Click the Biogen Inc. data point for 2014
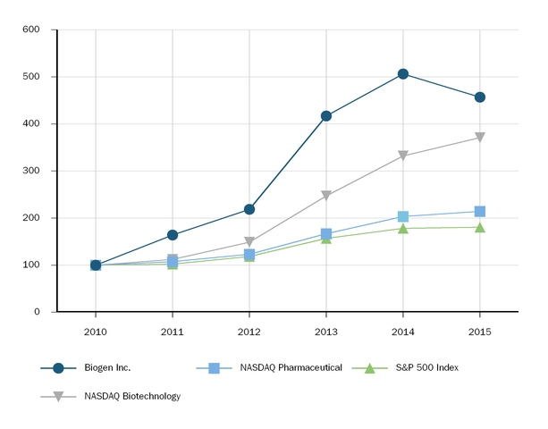tap(403, 74)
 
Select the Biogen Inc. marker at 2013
tap(326, 116)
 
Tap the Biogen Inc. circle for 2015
tap(480, 97)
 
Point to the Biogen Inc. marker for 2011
tap(173, 235)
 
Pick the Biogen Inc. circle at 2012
tap(249, 209)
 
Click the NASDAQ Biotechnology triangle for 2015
tap(480, 138)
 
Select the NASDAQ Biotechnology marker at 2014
tap(403, 156)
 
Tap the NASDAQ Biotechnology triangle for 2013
tap(326, 196)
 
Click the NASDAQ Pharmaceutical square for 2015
tap(480, 212)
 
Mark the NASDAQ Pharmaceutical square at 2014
tap(403, 217)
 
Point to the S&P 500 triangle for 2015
tap(480, 227)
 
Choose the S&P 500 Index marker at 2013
tap(326, 239)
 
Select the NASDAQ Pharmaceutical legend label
tap(291, 367)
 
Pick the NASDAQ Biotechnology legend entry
tap(132, 396)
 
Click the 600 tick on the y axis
tap(31, 29)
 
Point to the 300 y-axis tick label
tap(31, 171)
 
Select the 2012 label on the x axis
tap(249, 332)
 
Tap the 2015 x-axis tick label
tap(480, 332)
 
